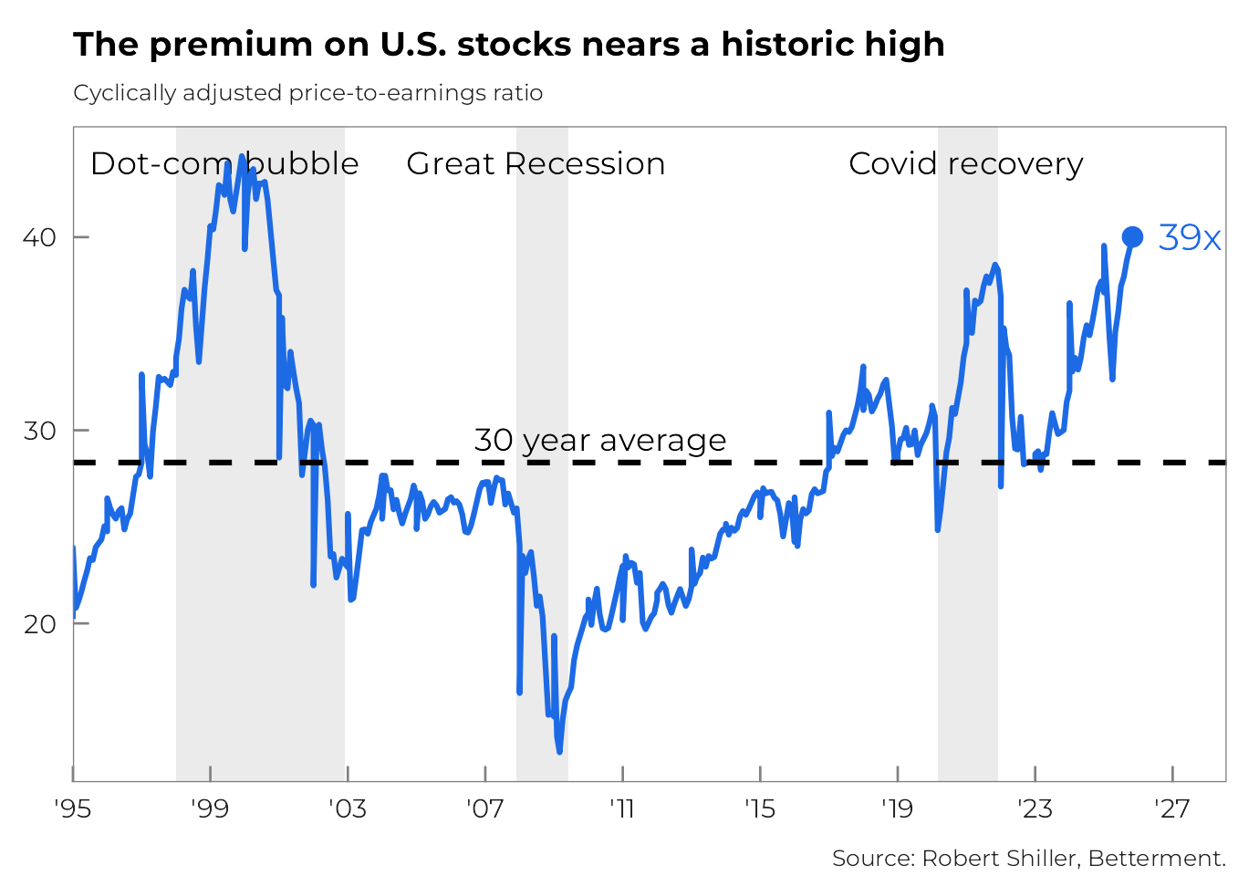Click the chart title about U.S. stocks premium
[508, 44]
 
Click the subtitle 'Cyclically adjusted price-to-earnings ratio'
[307, 93]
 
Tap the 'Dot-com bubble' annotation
[224, 163]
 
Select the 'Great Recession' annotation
[536, 163]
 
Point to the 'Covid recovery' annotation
[965, 163]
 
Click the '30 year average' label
[599, 440]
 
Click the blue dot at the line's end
[1131, 237]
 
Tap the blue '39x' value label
[1189, 237]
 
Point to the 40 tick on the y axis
[39, 237]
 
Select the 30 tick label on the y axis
[39, 430]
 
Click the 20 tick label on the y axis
[39, 624]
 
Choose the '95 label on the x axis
[73, 808]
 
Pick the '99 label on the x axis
[210, 808]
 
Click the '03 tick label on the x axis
[347, 808]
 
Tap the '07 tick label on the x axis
[484, 808]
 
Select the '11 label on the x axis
[622, 808]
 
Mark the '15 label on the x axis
[759, 808]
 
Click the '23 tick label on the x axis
[1035, 808]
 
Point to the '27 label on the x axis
[1171, 808]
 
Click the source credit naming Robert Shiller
[1028, 858]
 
